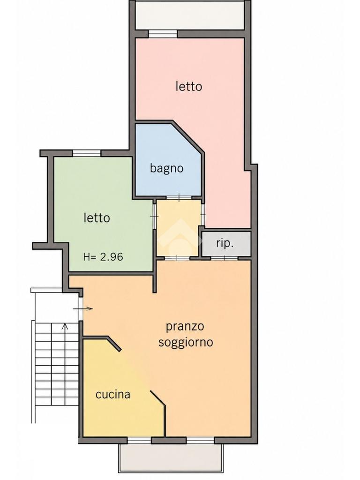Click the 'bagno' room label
tap(166, 168)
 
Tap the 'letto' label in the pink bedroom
tap(189, 86)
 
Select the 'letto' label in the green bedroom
tap(97, 218)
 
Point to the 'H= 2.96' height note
tap(103, 256)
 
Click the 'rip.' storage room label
tap(225, 243)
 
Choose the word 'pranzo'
tap(185, 327)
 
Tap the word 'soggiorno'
tap(186, 342)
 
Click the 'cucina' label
tap(113, 394)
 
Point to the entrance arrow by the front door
tap(83, 308)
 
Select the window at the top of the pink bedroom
tap(163, 34)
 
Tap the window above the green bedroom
tap(87, 153)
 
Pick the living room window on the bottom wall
tap(200, 440)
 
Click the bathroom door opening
tap(179, 198)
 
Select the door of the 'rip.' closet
tap(225, 258)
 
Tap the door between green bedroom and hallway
tap(155, 217)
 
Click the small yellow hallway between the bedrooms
tap(179, 228)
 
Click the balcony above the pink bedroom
tap(190, 15)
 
